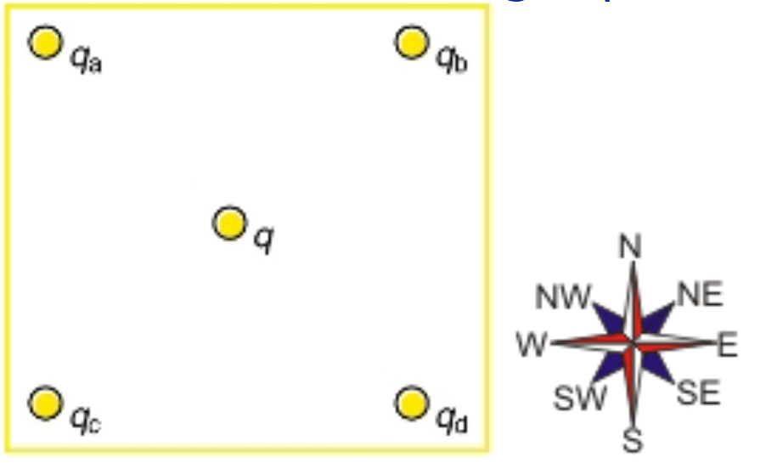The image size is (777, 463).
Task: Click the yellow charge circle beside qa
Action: [45, 42]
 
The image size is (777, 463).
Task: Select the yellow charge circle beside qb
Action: [411, 42]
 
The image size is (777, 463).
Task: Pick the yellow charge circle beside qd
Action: [411, 403]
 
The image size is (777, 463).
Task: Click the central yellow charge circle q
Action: [228, 223]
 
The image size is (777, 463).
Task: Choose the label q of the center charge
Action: [264, 240]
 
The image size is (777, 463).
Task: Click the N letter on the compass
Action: [630, 247]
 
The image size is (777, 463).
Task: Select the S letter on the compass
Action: [633, 441]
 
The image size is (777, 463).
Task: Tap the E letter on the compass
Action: [727, 345]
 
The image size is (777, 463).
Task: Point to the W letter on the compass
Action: [532, 345]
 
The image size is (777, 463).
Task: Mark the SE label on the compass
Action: [698, 394]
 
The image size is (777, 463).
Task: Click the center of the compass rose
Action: [633, 344]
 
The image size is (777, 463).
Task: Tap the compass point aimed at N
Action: [632, 270]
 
